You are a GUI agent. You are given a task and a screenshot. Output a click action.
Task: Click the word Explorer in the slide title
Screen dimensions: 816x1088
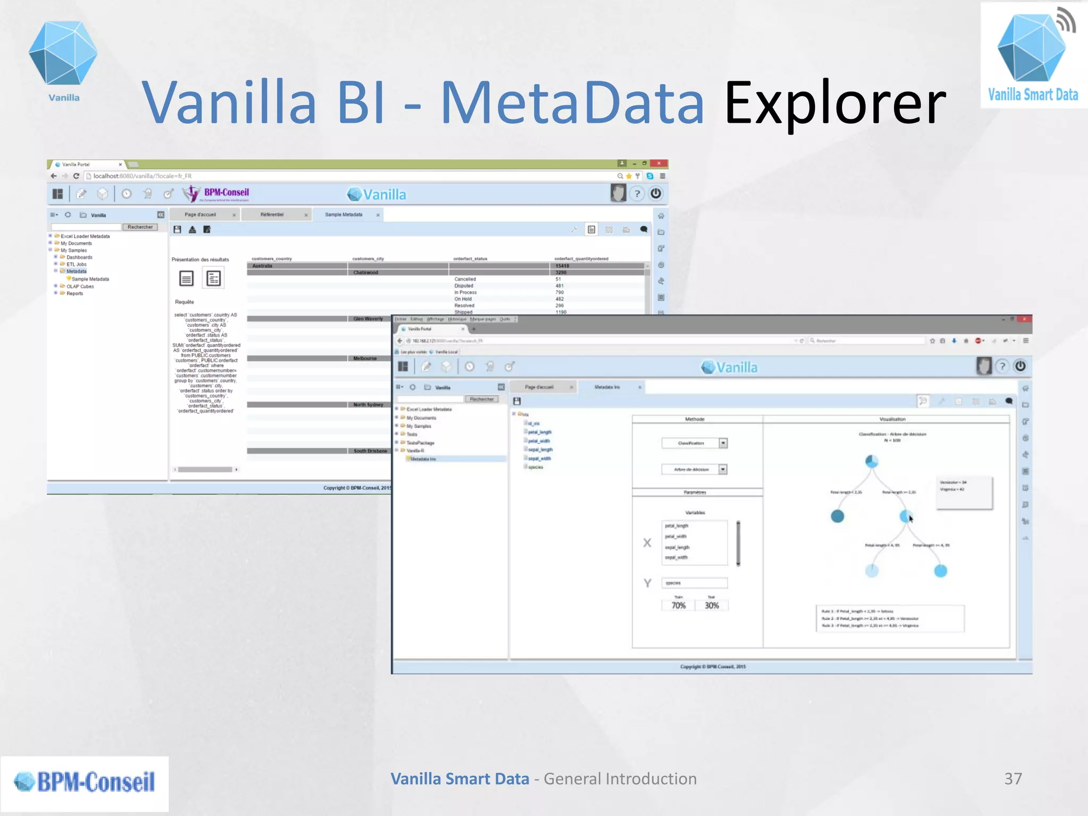[x=835, y=104]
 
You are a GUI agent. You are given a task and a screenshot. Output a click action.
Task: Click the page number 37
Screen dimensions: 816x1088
[x=1013, y=779]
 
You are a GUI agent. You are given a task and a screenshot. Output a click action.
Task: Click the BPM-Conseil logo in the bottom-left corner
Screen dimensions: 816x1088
[x=85, y=782]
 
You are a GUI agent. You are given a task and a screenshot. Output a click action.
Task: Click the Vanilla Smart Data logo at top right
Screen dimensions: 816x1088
[x=1033, y=56]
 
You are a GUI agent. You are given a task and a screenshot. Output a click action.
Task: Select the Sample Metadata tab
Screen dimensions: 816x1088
[x=344, y=215]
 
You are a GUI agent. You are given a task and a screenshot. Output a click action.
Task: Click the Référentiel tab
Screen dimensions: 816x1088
[x=272, y=215]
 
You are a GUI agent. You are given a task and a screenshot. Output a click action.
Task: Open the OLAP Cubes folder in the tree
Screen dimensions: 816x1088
[x=80, y=286]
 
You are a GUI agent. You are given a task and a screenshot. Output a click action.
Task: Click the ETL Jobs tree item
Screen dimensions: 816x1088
[x=76, y=264]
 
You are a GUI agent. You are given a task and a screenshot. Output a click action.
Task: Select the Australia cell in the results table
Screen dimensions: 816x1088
[x=262, y=266]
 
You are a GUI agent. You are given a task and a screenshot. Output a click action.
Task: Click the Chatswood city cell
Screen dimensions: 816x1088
[x=365, y=273]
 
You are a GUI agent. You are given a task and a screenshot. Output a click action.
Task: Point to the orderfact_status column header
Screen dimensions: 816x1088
[x=470, y=259]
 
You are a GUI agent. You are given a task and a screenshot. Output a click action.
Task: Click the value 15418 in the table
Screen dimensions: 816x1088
[x=562, y=266]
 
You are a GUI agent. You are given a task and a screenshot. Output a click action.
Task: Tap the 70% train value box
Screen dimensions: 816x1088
[x=678, y=606]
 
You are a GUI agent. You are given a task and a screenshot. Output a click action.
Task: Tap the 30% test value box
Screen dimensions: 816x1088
[x=711, y=606]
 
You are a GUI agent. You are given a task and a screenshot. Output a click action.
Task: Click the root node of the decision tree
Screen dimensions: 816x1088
[x=871, y=461]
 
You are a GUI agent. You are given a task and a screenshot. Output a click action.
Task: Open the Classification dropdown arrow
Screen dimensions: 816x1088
[x=723, y=443]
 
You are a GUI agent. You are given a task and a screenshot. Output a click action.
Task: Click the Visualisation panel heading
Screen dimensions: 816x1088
[x=892, y=419]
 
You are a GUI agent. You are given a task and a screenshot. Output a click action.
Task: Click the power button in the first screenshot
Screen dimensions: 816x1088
[x=656, y=193]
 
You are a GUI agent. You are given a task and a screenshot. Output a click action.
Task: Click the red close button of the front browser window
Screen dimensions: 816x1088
[x=1025, y=319]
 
